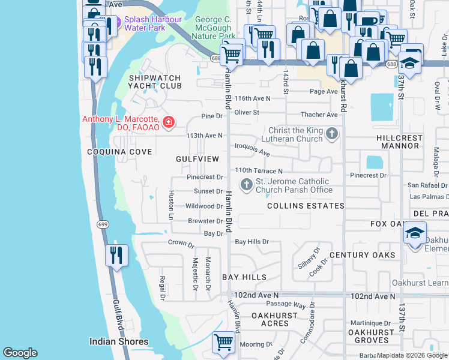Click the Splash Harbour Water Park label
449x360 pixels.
click(x=152, y=23)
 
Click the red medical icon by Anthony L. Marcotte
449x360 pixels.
click(x=169, y=122)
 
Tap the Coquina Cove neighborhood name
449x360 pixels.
click(x=119, y=152)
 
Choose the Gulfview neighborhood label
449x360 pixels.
click(x=196, y=159)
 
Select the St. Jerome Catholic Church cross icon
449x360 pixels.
click(x=246, y=185)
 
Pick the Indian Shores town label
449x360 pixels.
click(x=119, y=341)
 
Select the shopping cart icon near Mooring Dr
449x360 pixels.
click(x=224, y=343)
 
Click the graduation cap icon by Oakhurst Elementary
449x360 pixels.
click(x=415, y=233)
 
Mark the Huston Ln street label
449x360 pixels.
click(x=171, y=204)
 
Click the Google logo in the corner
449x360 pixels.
click(x=20, y=353)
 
